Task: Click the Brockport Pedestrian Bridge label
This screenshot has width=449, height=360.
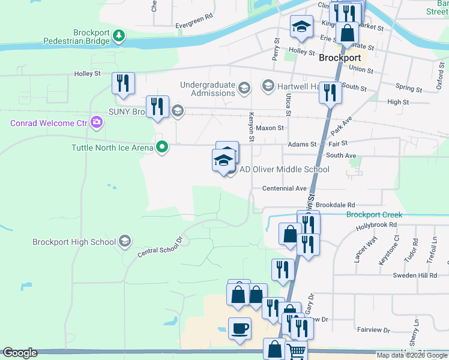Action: pyautogui.click(x=76, y=37)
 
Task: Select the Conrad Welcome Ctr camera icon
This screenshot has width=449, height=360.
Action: pyautogui.click(x=97, y=123)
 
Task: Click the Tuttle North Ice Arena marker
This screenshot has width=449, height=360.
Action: pyautogui.click(x=161, y=146)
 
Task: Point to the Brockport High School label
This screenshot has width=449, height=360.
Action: pyautogui.click(x=74, y=242)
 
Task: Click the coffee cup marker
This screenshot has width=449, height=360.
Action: pyautogui.click(x=240, y=329)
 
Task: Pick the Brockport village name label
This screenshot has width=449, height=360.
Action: pyautogui.click(x=340, y=58)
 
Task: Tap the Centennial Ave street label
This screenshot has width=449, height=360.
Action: pyautogui.click(x=285, y=188)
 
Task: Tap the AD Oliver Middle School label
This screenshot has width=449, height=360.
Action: pyautogui.click(x=285, y=170)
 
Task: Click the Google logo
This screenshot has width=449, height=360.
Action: pyautogui.click(x=20, y=353)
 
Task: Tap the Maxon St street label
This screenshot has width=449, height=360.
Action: pyautogui.click(x=270, y=128)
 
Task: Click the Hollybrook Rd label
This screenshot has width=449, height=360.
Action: pyautogui.click(x=376, y=225)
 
